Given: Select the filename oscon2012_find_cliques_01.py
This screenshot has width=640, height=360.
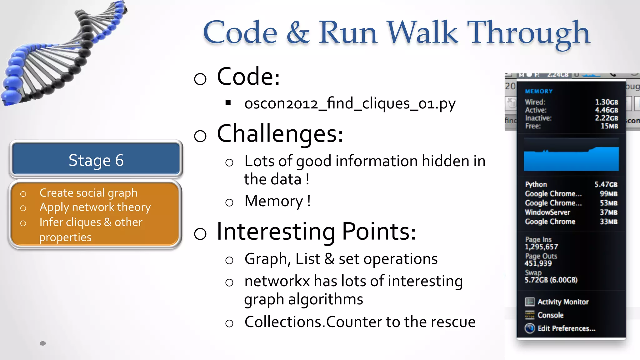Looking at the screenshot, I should [x=350, y=103].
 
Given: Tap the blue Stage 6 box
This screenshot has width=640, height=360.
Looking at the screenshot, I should [x=96, y=160].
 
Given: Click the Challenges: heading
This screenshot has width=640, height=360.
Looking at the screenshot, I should [x=280, y=134].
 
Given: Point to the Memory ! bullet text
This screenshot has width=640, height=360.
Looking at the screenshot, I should [x=277, y=201].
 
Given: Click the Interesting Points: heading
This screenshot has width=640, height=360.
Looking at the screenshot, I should [x=316, y=232].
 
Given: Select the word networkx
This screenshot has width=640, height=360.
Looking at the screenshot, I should [x=277, y=281].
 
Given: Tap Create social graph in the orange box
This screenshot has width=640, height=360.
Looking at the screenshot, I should [x=88, y=193].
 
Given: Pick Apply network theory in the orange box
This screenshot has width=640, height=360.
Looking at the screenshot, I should [x=95, y=207].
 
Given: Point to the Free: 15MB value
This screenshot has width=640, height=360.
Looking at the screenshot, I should [x=609, y=126].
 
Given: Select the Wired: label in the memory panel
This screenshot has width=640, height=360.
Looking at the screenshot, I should [x=535, y=102].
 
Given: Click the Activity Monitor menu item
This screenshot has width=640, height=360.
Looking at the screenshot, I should [x=563, y=302].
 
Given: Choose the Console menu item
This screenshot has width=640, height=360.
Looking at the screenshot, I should [x=550, y=315].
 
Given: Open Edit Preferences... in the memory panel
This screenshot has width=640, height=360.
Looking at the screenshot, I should [x=566, y=328].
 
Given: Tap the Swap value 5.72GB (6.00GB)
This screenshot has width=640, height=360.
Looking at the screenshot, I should [x=551, y=280].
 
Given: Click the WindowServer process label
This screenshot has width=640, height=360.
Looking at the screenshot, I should [x=547, y=212].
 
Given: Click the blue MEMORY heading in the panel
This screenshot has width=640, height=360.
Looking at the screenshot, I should [x=539, y=91].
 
